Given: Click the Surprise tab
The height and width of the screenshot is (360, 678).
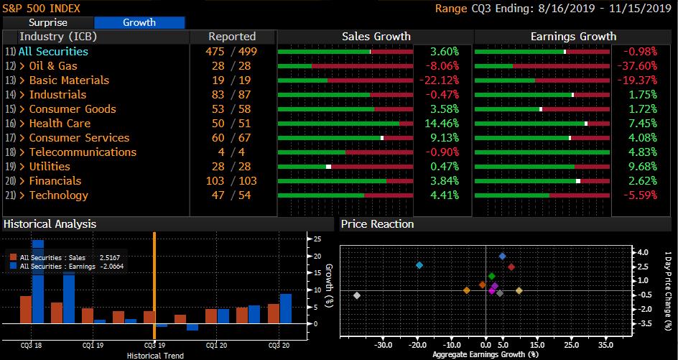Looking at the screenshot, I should (47, 22).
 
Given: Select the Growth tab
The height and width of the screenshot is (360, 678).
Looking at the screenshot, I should (139, 22).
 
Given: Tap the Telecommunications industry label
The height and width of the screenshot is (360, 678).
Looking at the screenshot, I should (83, 152).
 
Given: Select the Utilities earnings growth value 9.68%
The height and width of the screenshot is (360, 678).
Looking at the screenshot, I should (641, 167).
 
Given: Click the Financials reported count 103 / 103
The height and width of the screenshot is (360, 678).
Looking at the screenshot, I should (232, 181).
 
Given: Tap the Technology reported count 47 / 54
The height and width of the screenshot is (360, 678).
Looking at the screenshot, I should (232, 195).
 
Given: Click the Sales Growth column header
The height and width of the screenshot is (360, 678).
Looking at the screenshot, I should (376, 37).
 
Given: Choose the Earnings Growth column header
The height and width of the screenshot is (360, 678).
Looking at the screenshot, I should (573, 37).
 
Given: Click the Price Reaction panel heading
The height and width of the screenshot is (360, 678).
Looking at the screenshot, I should (377, 224).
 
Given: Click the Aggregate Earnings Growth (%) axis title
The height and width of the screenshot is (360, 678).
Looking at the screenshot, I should (486, 354).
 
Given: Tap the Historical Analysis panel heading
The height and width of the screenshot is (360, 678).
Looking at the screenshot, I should (50, 224).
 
